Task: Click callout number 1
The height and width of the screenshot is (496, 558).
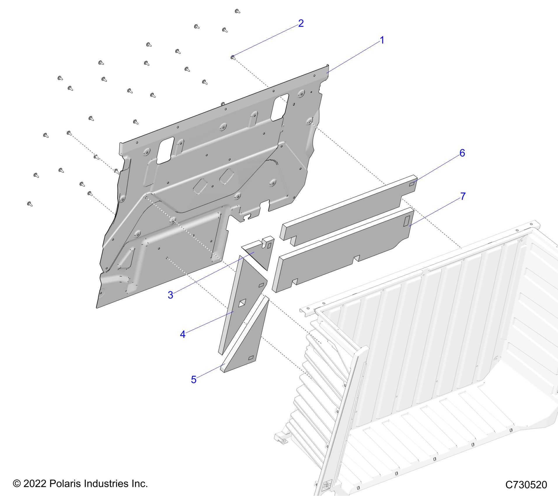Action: (382, 40)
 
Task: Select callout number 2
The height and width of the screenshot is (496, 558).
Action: (301, 23)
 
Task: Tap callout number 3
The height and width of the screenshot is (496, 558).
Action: (170, 295)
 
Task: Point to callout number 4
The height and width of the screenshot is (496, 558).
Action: (183, 334)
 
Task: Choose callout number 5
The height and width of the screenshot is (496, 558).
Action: (194, 380)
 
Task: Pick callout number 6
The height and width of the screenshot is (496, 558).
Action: (462, 153)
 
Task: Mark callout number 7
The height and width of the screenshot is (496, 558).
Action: (463, 196)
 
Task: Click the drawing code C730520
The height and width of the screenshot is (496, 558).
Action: (526, 485)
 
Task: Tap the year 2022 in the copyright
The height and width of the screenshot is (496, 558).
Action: (35, 483)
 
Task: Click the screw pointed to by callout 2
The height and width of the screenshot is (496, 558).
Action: (233, 57)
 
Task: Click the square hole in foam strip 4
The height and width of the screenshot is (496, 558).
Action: (242, 303)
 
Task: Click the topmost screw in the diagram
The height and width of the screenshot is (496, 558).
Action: (237, 11)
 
